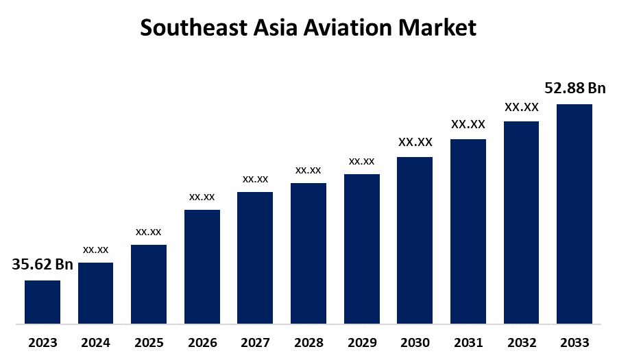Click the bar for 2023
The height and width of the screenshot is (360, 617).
(x=43, y=302)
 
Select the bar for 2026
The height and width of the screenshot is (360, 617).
(x=202, y=266)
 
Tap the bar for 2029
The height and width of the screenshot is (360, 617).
(x=362, y=248)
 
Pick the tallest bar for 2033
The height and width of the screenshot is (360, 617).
(x=574, y=213)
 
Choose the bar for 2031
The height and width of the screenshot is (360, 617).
(x=468, y=231)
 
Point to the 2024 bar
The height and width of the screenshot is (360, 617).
(x=95, y=293)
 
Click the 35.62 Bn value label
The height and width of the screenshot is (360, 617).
(x=43, y=265)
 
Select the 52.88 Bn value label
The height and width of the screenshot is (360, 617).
(x=575, y=88)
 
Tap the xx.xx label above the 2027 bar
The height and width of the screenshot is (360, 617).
(x=255, y=179)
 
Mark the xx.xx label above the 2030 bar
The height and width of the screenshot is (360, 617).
(x=415, y=142)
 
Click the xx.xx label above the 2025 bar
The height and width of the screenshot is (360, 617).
(x=149, y=232)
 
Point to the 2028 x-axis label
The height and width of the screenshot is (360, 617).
(x=308, y=342)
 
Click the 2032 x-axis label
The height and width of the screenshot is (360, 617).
(x=522, y=342)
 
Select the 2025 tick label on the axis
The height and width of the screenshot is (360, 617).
(x=149, y=342)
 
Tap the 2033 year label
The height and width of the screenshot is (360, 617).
(x=574, y=342)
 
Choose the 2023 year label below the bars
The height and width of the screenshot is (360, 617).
(x=43, y=342)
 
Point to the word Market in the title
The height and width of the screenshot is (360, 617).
(x=443, y=28)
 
